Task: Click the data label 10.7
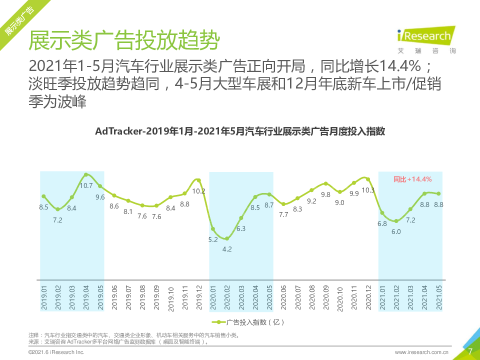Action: tap(86, 185)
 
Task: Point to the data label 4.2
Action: tap(227, 249)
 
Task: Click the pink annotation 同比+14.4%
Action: tap(412, 179)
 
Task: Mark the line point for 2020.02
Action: tap(227, 238)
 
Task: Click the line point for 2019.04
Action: tap(86, 174)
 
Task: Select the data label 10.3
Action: tap(368, 190)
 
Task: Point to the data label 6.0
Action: tap(396, 231)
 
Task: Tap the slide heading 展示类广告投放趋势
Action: tap(124, 40)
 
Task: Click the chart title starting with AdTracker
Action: tap(240, 131)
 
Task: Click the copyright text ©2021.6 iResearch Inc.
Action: tap(56, 352)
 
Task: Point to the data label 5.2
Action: tap(213, 239)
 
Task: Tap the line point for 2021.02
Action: tap(396, 220)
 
